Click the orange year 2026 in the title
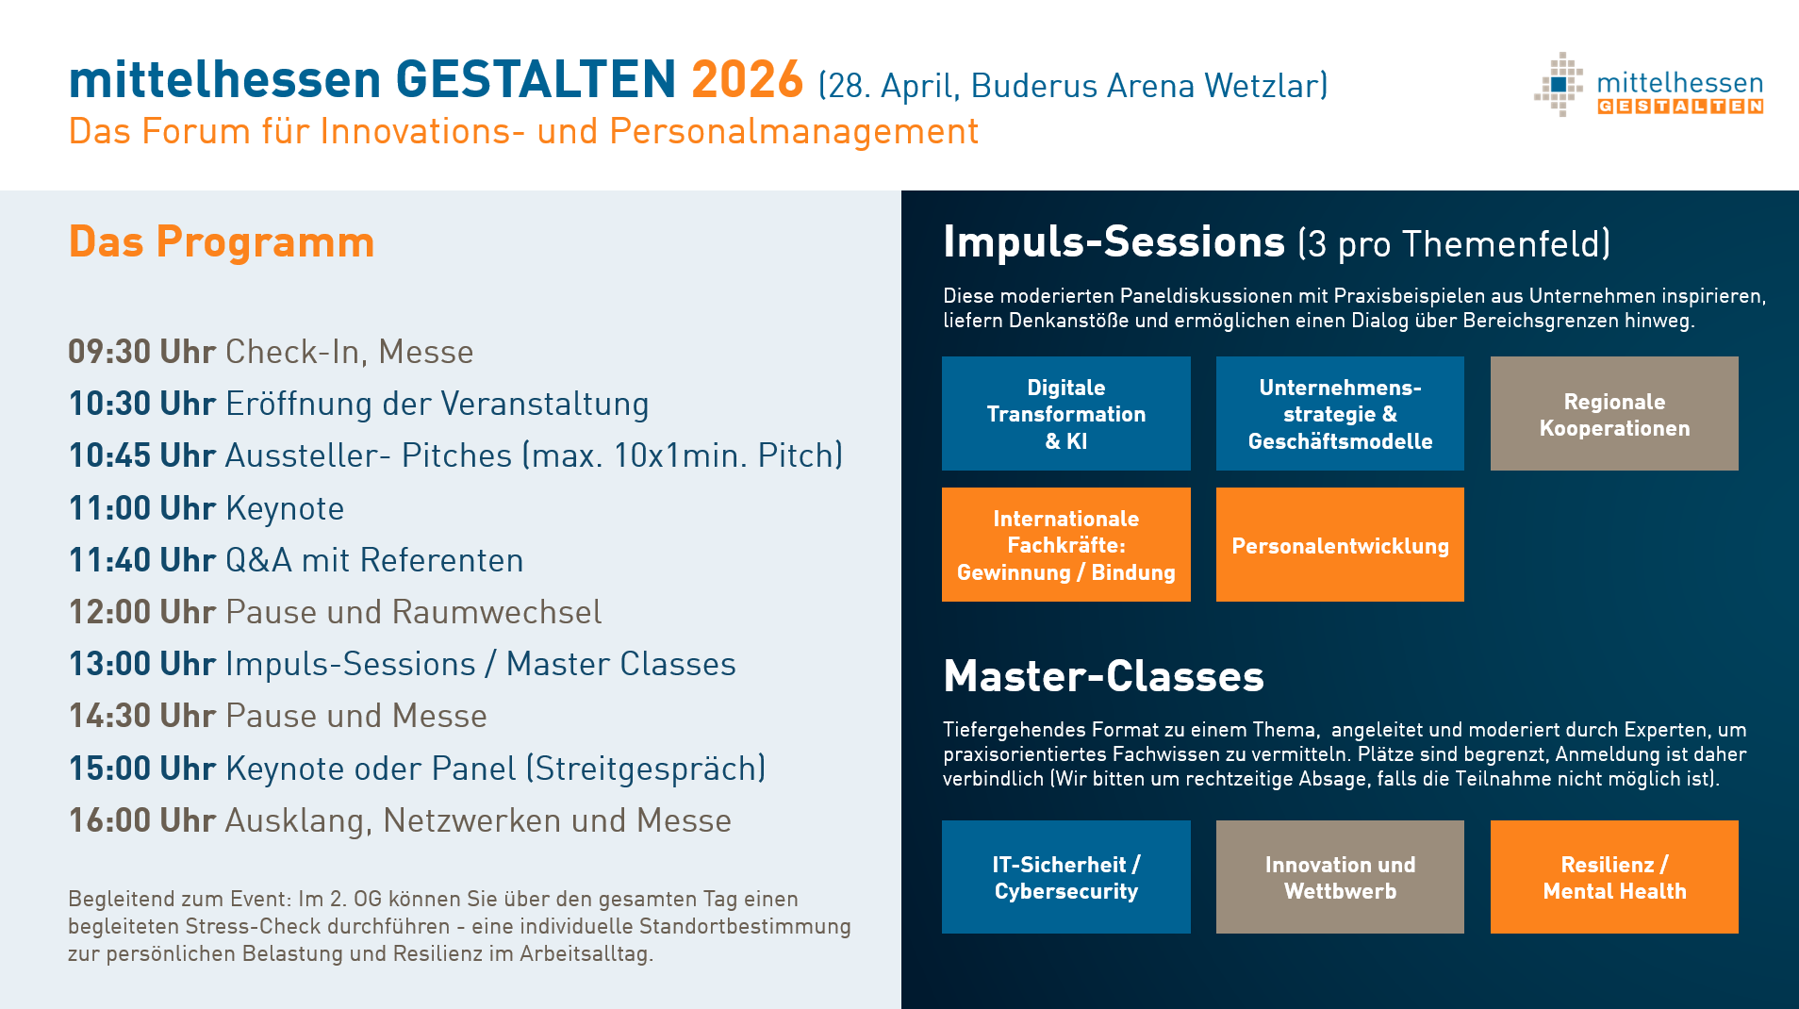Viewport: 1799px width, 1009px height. coord(747,79)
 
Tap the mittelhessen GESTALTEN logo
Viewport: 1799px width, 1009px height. coord(1648,85)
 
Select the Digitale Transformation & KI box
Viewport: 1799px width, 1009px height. coord(1065,413)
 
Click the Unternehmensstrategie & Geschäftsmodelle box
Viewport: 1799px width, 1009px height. coord(1340,413)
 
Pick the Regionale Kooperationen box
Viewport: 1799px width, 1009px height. coord(1614,413)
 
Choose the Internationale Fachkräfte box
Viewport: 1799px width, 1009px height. coord(1065,544)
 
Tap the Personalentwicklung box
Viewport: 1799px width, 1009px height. coord(1340,544)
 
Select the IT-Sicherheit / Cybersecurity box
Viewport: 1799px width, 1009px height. coord(1065,877)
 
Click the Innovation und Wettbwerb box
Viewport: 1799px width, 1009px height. coord(1340,877)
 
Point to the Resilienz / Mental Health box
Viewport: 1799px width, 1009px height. coord(1614,877)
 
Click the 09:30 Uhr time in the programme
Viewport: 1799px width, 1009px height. coord(142,352)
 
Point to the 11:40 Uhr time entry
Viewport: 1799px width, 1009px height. coord(142,560)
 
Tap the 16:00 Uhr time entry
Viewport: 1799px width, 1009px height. coord(142,820)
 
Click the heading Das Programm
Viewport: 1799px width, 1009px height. coord(222,242)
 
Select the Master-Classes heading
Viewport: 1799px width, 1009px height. coord(1103,676)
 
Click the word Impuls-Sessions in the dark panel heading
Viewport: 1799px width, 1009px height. coord(1114,242)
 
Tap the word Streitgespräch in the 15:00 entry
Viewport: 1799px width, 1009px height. coord(646,769)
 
